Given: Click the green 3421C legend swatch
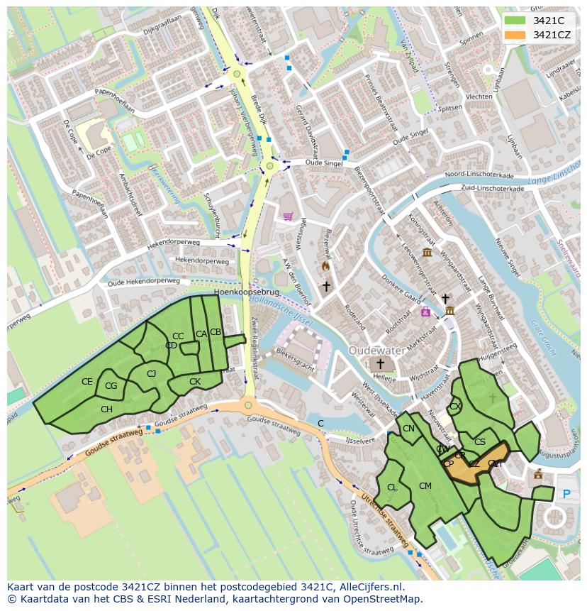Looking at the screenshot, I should tap(515, 20).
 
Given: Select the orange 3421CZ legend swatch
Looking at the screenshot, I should tap(515, 35).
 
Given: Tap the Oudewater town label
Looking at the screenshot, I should tap(378, 351).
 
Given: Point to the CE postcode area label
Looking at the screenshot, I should tap(86, 382).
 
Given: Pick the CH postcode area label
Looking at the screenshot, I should tap(106, 409).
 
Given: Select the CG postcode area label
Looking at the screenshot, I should tap(111, 386).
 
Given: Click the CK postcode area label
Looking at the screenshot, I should tap(195, 382).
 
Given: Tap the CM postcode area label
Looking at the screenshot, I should tap(425, 486).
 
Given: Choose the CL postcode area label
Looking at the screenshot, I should tap(392, 488).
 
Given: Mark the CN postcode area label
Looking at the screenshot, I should tap(408, 429).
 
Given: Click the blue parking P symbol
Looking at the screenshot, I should tap(566, 494).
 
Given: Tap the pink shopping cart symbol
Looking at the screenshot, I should tap(287, 216).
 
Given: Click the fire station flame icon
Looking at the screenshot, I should tap(325, 266).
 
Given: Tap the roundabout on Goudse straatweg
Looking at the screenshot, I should tap(247, 405).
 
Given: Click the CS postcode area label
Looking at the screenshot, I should tap(480, 442).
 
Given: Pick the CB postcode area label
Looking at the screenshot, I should tap(216, 332).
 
